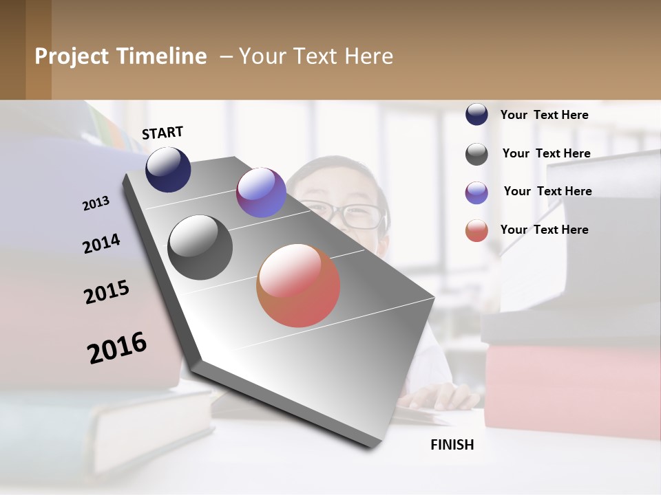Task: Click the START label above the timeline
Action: [162, 133]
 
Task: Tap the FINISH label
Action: [452, 445]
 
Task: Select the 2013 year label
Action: [96, 203]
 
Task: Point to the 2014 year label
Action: [102, 244]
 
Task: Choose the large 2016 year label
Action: [117, 348]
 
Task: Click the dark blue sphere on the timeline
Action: [168, 170]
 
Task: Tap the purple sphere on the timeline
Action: [261, 192]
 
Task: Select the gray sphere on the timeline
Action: [200, 247]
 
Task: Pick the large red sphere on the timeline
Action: [298, 285]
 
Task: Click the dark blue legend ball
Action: [476, 115]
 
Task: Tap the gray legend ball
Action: [476, 154]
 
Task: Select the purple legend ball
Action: [476, 192]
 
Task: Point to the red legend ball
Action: [476, 230]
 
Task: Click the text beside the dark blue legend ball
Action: [544, 115]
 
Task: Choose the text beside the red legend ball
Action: [544, 230]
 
